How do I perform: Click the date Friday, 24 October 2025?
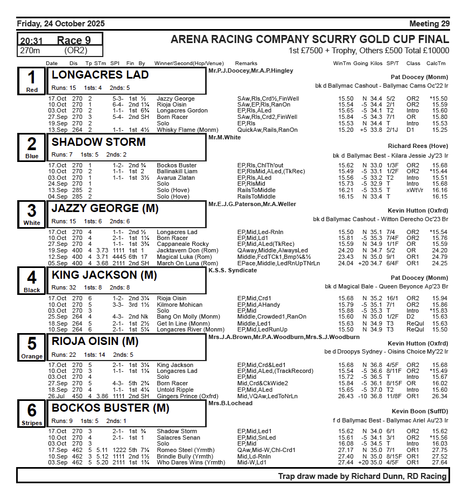[61, 24]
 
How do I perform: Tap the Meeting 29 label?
[429, 24]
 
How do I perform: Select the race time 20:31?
[32, 41]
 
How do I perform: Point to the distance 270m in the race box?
[30, 51]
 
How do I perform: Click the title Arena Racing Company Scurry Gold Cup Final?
[310, 40]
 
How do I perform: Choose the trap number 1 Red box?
[32, 81]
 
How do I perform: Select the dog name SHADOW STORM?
[99, 142]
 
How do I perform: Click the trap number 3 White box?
[32, 214]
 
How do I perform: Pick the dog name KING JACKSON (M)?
[104, 275]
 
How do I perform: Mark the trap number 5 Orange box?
[32, 347]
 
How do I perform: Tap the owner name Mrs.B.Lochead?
[230, 403]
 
